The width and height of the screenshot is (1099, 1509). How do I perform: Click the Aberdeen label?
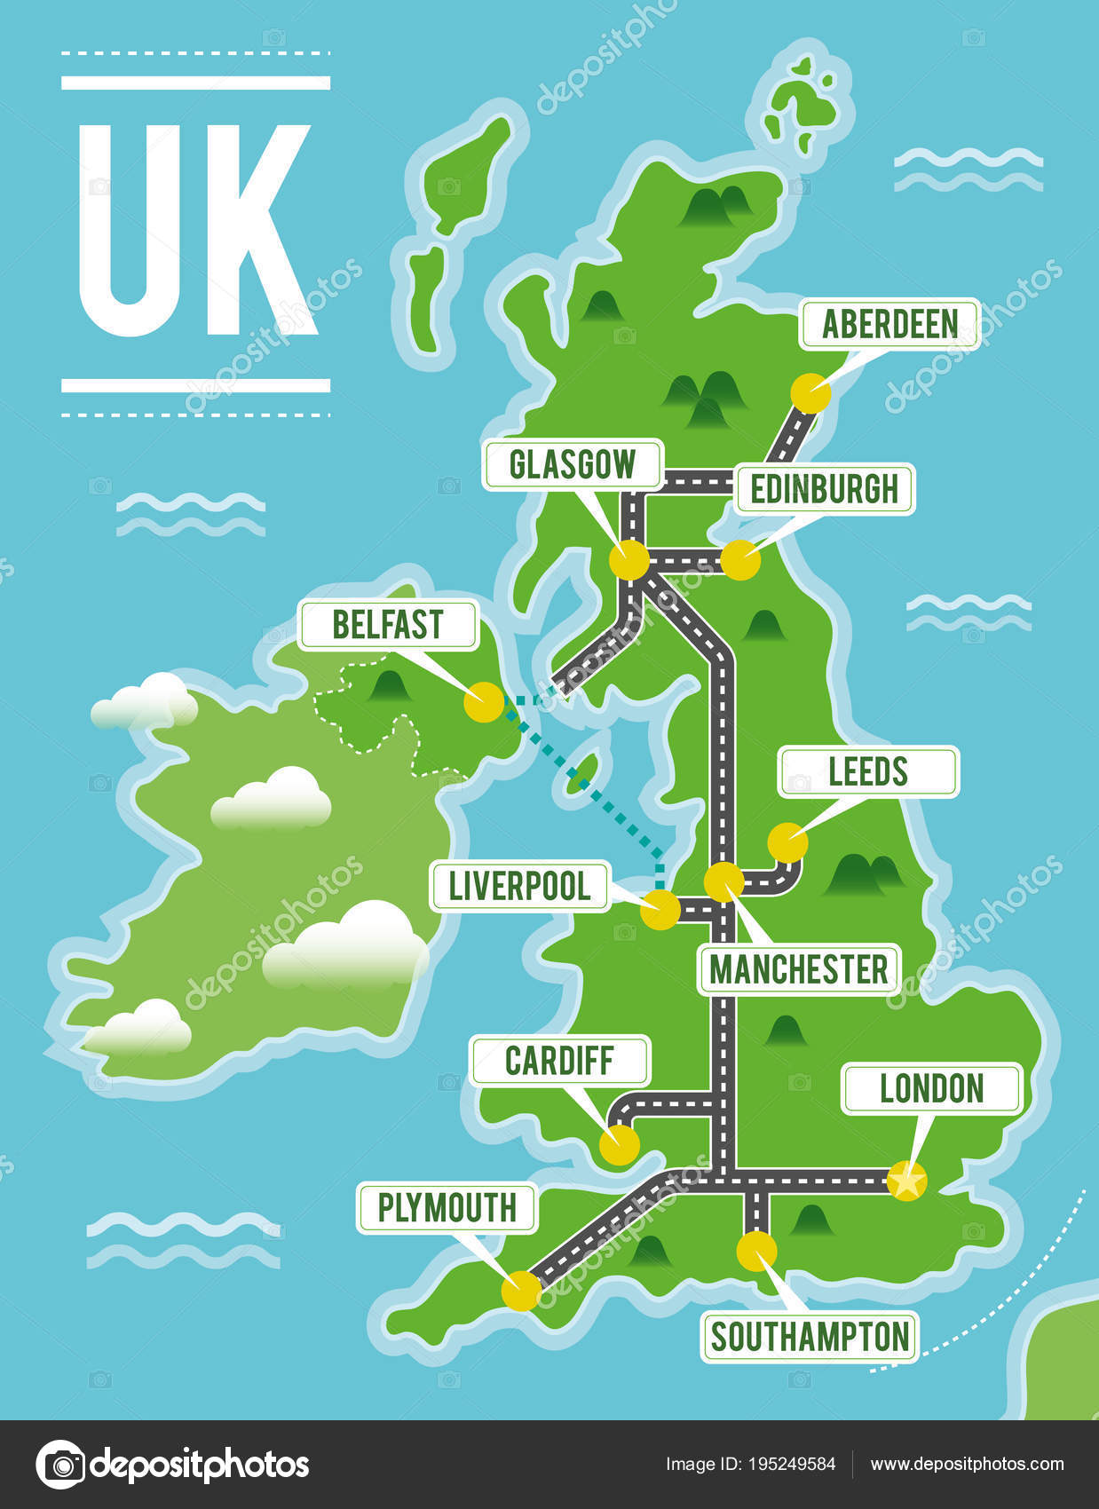889,324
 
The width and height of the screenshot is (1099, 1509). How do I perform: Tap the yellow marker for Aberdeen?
810,392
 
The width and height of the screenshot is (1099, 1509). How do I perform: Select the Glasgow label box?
573,464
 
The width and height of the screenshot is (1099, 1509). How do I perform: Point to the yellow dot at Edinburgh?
740,561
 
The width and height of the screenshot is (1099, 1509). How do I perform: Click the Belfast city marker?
484,702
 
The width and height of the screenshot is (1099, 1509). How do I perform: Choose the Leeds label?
868,771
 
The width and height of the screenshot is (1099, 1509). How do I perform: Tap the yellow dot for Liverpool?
660,910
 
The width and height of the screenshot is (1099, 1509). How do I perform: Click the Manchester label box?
798,969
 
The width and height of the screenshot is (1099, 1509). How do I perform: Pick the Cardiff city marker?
619,1145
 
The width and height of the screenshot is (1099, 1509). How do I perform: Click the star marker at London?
906,1181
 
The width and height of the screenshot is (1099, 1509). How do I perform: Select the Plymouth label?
447,1208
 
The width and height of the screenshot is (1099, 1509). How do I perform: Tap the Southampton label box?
810,1337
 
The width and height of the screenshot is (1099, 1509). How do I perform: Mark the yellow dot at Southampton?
756,1251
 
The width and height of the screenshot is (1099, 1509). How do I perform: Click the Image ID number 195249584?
795,1464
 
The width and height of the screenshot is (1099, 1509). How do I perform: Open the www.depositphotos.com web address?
966,1464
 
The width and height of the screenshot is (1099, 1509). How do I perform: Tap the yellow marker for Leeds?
787,842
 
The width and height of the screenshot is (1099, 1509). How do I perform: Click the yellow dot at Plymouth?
520,1291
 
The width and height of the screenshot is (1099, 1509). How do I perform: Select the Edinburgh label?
824,489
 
